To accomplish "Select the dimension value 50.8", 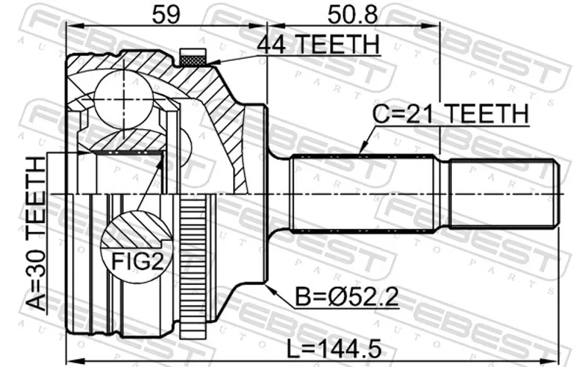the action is (352, 13).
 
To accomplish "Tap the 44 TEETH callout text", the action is (318, 44).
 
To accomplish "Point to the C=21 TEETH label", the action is (451, 114).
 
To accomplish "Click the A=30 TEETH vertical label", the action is (37, 235).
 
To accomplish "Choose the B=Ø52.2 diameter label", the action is (347, 297).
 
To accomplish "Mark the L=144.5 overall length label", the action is (334, 349).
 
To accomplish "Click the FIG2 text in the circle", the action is (137, 261).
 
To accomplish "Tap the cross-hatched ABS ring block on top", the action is (193, 57).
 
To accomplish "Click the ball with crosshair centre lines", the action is (123, 99).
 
